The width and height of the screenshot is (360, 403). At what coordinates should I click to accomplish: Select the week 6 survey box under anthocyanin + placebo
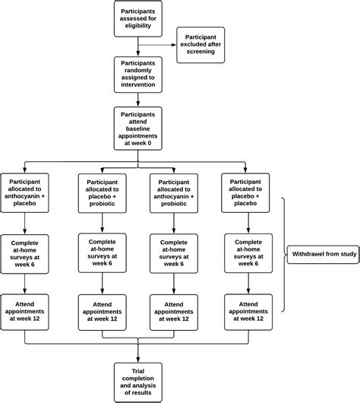27,254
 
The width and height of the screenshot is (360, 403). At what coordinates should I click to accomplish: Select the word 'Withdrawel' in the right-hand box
306,254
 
